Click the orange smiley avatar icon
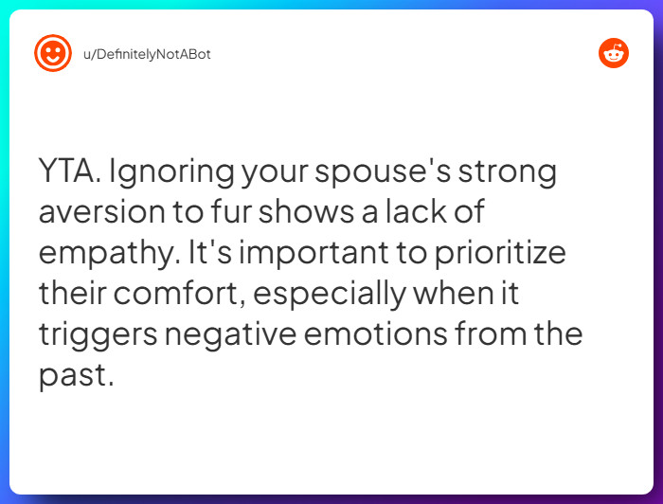(53, 53)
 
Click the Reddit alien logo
(614, 53)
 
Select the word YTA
(68, 172)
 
